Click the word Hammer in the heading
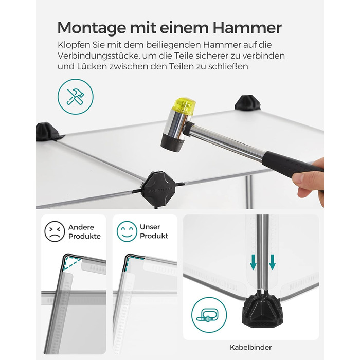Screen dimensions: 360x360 (247, 28)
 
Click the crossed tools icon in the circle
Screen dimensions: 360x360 (76, 97)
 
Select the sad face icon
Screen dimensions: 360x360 (55, 231)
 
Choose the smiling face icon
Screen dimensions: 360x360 (127, 231)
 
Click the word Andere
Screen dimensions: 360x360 (81, 227)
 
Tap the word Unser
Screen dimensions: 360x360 (150, 227)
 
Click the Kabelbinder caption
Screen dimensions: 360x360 (251, 347)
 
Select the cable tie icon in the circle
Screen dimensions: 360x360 (209, 315)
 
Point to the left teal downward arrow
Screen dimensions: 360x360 (253, 262)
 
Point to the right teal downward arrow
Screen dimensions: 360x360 (272, 262)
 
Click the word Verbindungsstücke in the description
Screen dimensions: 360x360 (98, 56)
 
